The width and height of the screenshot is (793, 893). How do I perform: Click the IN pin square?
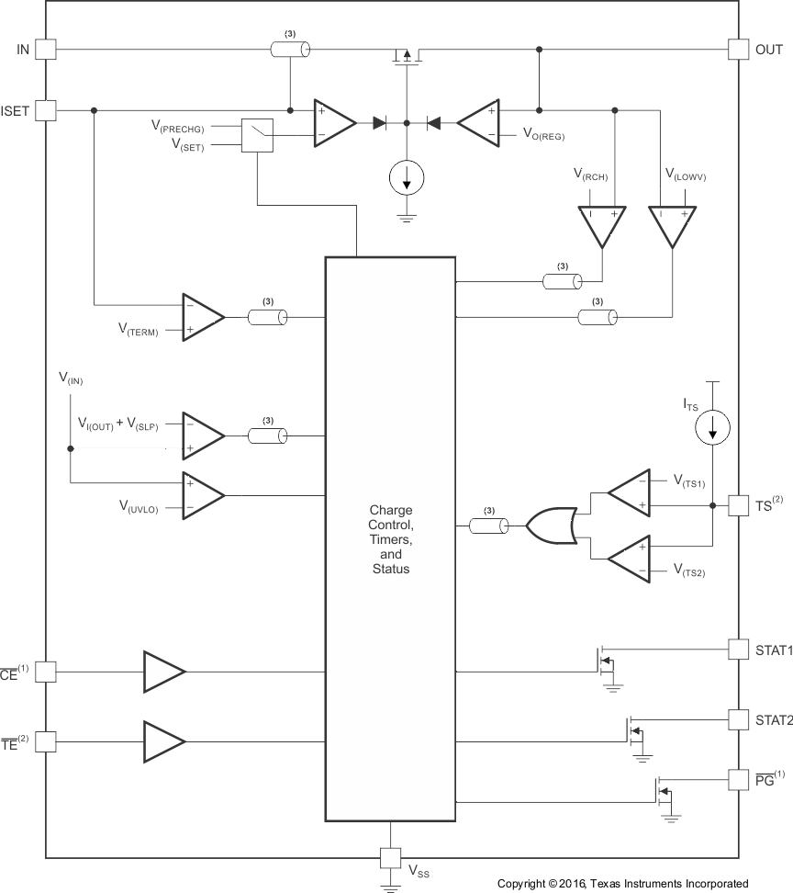pos(46,50)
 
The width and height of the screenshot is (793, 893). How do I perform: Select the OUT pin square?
pos(738,50)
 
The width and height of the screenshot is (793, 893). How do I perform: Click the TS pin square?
pos(738,504)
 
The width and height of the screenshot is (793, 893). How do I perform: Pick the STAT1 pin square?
pos(738,650)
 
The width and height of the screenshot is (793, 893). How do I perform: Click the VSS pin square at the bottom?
pos(391,859)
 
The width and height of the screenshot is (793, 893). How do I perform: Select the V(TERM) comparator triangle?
pos(202,317)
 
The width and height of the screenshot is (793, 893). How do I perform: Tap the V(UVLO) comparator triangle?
pos(202,496)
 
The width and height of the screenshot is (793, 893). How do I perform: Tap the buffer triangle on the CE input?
pos(163,672)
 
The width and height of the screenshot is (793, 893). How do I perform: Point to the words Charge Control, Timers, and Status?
pos(391,539)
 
